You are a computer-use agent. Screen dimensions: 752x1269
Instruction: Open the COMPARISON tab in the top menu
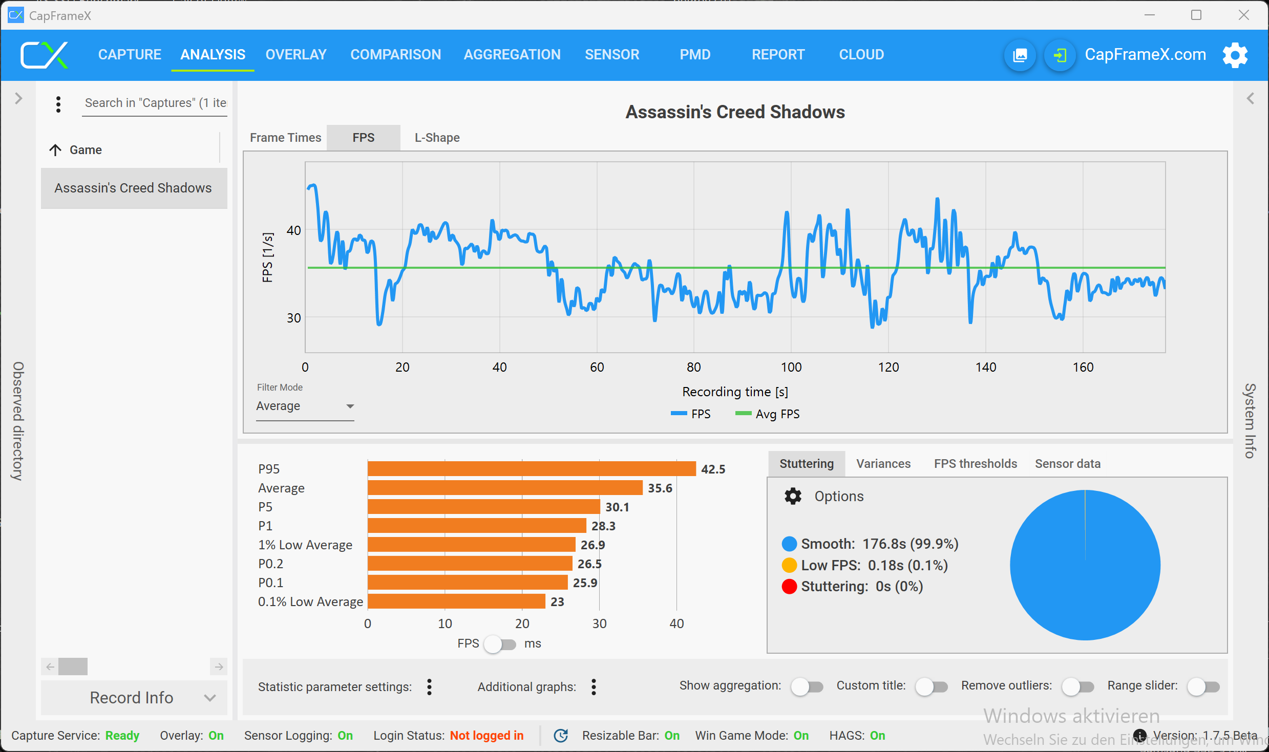(395, 54)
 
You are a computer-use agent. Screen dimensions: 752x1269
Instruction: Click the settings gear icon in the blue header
(1235, 55)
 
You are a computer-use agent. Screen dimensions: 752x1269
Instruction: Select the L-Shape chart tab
(437, 138)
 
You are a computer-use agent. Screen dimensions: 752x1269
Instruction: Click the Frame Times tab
(285, 138)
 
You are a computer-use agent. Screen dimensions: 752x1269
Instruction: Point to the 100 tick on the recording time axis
(791, 367)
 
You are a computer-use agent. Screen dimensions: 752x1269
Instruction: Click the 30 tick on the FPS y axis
(293, 318)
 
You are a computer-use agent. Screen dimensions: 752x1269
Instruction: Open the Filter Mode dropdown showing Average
(305, 406)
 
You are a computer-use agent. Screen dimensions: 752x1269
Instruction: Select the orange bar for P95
(531, 469)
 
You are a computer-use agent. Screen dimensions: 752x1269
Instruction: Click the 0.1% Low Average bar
(456, 601)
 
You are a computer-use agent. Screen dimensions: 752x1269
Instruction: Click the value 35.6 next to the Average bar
(660, 488)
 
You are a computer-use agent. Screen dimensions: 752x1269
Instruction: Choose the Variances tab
(883, 464)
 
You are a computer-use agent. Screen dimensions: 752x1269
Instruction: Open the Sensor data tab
(1067, 464)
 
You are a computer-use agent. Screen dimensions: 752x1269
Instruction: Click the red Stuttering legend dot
(789, 587)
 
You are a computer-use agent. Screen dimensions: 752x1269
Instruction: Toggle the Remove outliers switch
(1077, 686)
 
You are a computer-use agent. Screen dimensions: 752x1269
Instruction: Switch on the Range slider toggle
(1203, 686)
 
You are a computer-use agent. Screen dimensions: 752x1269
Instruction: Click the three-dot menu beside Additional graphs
(594, 687)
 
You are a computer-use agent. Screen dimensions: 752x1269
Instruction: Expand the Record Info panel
(134, 698)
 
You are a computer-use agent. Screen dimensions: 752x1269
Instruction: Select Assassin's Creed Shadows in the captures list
(133, 188)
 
